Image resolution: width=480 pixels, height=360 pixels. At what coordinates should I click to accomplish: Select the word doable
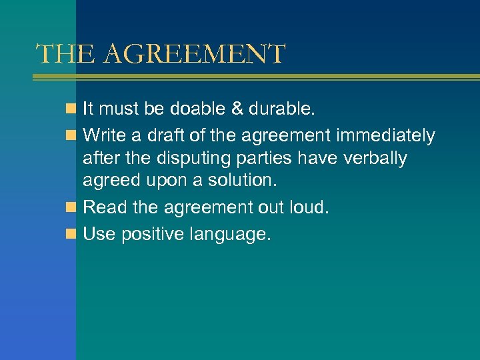(x=193, y=109)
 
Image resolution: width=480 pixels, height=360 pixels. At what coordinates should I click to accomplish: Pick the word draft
(x=152, y=136)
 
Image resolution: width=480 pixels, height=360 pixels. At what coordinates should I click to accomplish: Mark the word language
(x=230, y=235)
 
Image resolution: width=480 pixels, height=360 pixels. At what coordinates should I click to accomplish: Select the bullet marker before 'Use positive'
(x=72, y=234)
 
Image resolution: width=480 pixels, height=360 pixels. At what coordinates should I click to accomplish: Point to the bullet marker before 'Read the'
(x=72, y=207)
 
